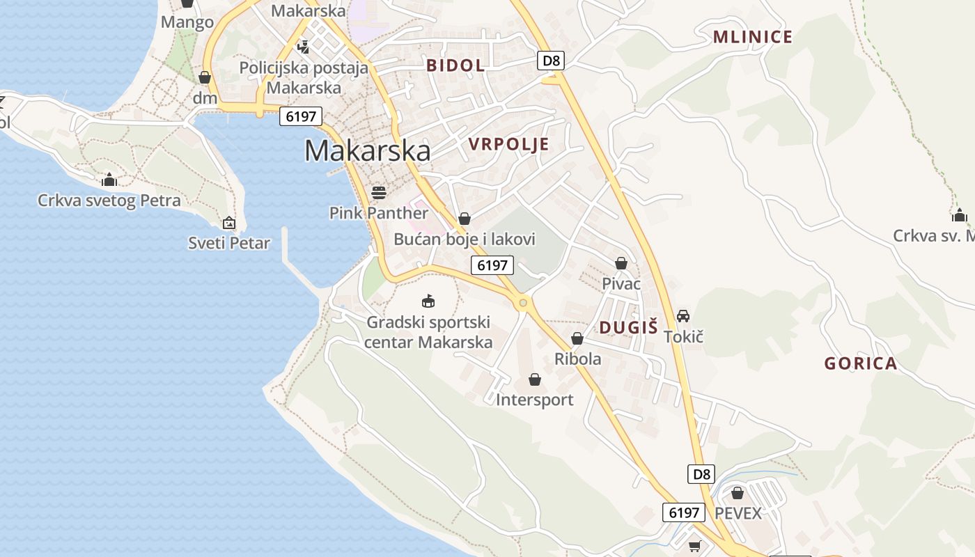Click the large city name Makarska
pyautogui.click(x=367, y=150)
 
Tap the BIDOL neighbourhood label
pyautogui.click(x=455, y=65)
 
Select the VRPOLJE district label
pyautogui.click(x=508, y=144)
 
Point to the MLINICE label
pyautogui.click(x=753, y=37)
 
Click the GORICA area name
pyautogui.click(x=861, y=363)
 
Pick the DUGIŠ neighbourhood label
pyautogui.click(x=629, y=327)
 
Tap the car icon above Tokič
pyautogui.click(x=683, y=316)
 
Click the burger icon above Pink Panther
pyautogui.click(x=379, y=191)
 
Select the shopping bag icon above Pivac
pyautogui.click(x=621, y=263)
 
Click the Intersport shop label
pyautogui.click(x=535, y=400)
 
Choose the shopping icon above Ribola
pyautogui.click(x=577, y=339)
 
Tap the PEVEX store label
pyautogui.click(x=739, y=513)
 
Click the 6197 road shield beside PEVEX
pyautogui.click(x=683, y=512)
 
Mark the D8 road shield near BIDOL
pyautogui.click(x=551, y=61)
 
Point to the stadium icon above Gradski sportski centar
pyautogui.click(x=428, y=301)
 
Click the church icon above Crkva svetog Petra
pyautogui.click(x=109, y=180)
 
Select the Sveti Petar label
pyautogui.click(x=229, y=243)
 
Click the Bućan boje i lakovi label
pyautogui.click(x=465, y=239)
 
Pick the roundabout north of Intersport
pyautogui.click(x=523, y=302)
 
